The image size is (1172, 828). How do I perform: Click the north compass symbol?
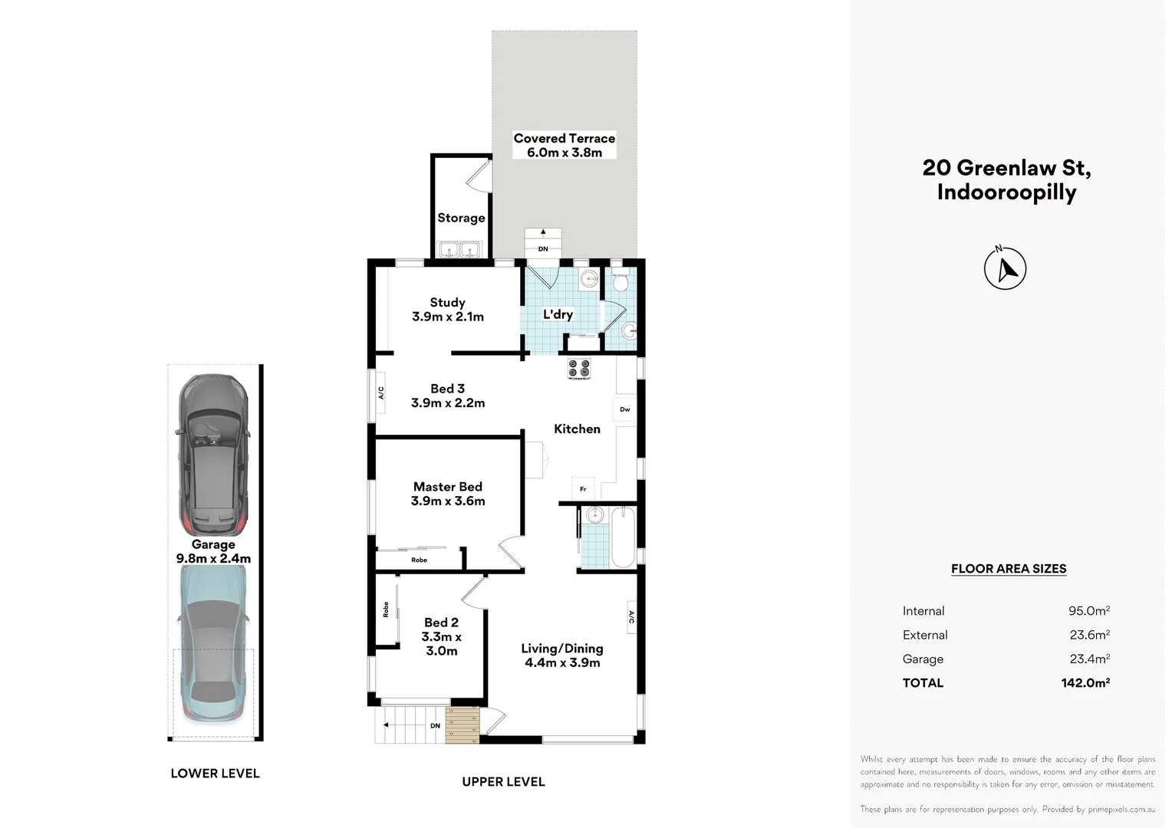(1005, 268)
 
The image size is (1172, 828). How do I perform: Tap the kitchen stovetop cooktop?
(579, 368)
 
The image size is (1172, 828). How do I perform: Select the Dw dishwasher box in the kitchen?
(624, 409)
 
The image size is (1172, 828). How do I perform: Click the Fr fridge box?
(583, 489)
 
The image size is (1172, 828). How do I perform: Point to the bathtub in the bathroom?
(623, 537)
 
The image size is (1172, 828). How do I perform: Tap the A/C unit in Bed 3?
(381, 393)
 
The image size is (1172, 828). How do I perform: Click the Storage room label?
(461, 218)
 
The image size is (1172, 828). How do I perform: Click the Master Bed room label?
(447, 486)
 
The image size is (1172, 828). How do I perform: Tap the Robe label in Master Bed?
(419, 560)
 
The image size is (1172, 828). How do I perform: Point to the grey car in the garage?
(213, 454)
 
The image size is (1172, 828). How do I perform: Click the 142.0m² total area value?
(1085, 682)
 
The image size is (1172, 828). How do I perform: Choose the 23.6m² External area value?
(1089, 635)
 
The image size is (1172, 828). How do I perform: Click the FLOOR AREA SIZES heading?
(1008, 569)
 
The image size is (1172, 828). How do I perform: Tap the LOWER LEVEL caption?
(215, 773)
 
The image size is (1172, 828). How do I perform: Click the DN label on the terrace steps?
(543, 249)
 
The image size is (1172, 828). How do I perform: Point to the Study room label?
(447, 302)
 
